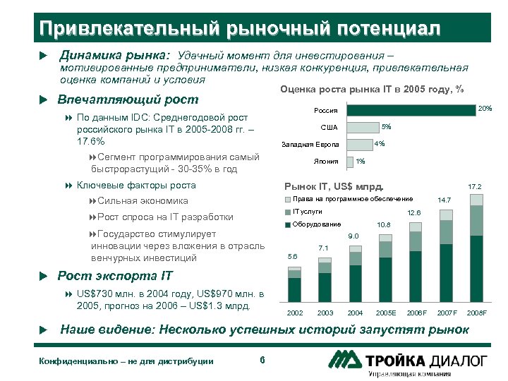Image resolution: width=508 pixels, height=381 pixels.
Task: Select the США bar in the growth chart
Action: [362, 128]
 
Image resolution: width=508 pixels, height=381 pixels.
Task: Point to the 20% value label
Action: [485, 109]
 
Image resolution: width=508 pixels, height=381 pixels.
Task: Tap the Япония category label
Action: [326, 162]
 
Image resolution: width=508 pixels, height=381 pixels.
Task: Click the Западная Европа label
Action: [310, 145]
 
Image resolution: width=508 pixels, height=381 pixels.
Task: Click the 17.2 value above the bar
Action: [475, 187]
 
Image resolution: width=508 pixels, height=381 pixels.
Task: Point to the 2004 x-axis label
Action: [355, 313]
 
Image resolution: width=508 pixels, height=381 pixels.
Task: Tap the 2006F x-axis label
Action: [416, 313]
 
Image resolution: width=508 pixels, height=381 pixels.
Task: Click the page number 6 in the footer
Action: [262, 361]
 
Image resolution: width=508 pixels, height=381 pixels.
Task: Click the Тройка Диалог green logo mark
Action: [345, 360]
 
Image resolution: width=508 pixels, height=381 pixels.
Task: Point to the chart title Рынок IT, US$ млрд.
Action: [332, 187]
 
